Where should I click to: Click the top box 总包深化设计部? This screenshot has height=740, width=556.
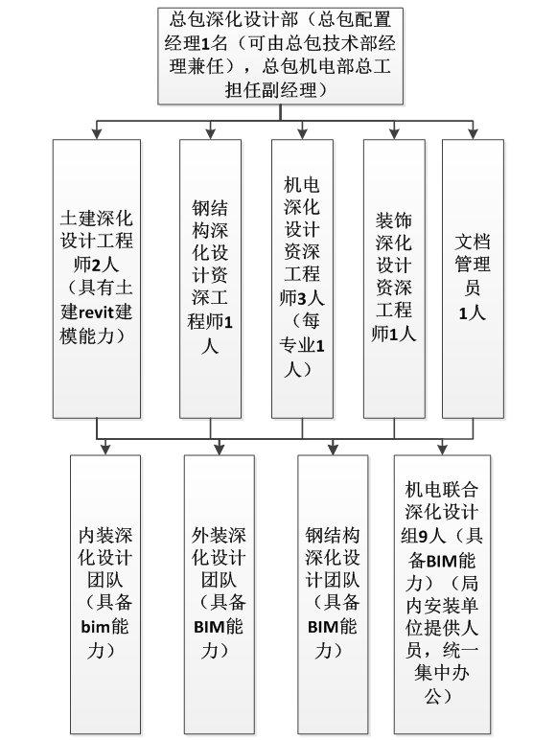[x=280, y=56]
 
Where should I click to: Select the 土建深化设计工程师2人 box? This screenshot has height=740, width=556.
[x=97, y=278]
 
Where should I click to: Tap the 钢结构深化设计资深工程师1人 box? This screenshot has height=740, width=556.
[x=210, y=278]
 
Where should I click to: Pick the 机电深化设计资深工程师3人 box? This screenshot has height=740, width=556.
[x=302, y=278]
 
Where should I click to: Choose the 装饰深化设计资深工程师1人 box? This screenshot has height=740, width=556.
[x=394, y=278]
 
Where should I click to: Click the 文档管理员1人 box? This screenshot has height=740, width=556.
[x=473, y=278]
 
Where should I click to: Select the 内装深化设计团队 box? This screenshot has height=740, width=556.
[x=105, y=594]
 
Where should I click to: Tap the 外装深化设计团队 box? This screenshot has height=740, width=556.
[x=219, y=594]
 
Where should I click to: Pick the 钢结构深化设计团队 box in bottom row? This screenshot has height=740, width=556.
[x=333, y=594]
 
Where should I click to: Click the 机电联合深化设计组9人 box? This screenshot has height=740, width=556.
[x=442, y=594]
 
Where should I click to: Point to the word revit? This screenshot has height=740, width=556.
[x=96, y=312]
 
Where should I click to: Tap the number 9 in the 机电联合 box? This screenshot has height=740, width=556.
[x=423, y=536]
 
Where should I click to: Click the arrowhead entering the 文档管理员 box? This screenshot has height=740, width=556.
[x=473, y=134]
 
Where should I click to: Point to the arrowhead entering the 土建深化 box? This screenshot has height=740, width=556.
[x=97, y=134]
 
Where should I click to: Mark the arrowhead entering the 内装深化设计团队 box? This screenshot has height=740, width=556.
[x=105, y=451]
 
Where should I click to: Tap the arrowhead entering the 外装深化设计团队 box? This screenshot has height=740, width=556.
[x=219, y=451]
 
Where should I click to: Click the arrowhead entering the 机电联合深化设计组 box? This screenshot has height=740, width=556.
[x=442, y=451]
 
